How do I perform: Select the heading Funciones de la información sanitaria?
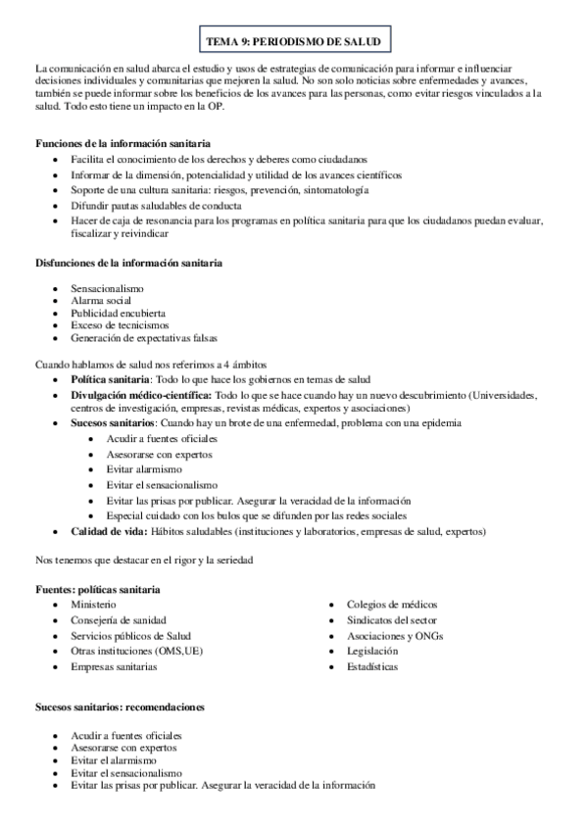tap(123, 143)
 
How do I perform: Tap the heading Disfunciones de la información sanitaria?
tap(128, 264)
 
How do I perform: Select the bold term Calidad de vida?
tap(109, 531)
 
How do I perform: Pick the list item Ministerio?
tap(93, 605)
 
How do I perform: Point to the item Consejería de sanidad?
tap(118, 620)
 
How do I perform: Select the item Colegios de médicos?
tap(391, 605)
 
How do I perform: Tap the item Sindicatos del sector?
tap(391, 620)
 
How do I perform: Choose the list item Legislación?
tap(372, 651)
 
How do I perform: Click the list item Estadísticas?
tap(372, 666)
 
